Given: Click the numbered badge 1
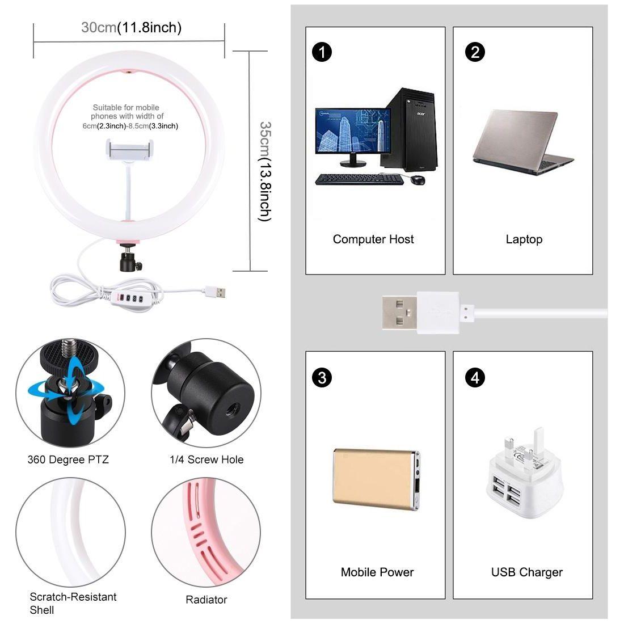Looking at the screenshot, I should (322, 53).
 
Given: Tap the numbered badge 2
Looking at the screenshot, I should (475, 52).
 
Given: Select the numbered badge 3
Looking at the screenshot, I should (322, 377).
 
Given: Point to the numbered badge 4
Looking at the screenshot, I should (475, 377).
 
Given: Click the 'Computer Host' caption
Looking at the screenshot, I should (373, 239).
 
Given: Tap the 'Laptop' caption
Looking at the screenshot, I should (524, 239).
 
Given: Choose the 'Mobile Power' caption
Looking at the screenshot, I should (377, 572).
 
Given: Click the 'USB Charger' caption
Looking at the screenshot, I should (526, 572).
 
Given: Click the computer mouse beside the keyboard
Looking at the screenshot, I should (417, 180).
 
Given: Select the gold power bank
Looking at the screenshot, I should (376, 479).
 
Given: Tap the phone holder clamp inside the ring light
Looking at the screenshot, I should (130, 150).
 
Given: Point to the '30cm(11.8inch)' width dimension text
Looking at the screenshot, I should (131, 27).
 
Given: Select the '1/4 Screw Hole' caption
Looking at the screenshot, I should (206, 459).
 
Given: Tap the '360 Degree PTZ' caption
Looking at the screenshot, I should (68, 459).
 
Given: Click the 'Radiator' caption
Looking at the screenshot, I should (206, 600).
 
